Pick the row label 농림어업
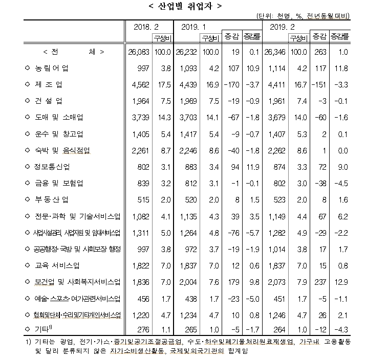51,68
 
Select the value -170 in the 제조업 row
233,84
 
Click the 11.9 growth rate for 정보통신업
253,167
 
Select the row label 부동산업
51,200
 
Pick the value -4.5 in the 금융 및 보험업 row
342,183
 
